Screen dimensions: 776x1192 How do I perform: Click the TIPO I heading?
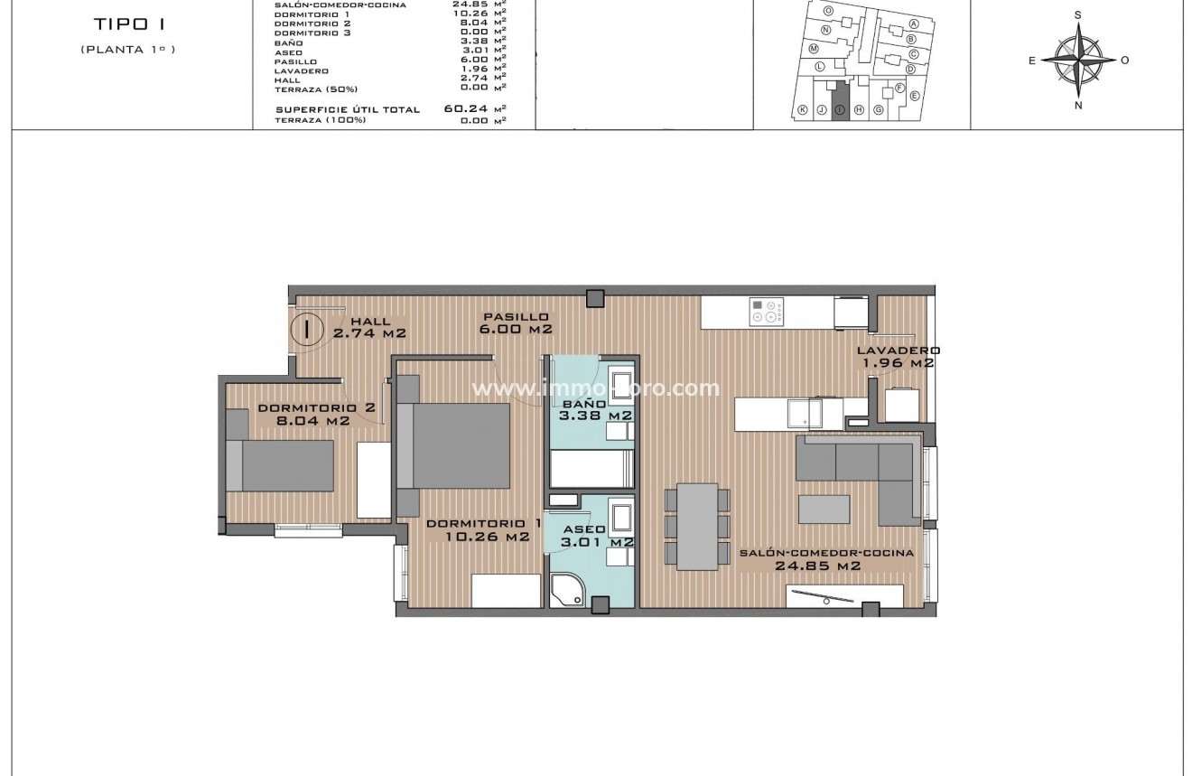coord(126,24)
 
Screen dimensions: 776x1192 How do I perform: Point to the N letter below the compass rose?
coord(1078,105)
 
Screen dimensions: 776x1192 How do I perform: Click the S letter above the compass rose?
coord(1078,14)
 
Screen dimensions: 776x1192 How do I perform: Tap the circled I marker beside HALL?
coord(308,328)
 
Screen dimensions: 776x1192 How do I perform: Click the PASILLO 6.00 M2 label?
coord(516,323)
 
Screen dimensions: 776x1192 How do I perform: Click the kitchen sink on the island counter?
coord(802,413)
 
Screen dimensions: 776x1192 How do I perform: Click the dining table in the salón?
coord(696,527)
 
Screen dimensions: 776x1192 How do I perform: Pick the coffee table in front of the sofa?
coord(824,509)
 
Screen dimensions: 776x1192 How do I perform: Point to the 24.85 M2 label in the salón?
coord(816,566)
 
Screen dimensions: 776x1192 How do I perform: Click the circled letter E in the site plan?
coord(914,96)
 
